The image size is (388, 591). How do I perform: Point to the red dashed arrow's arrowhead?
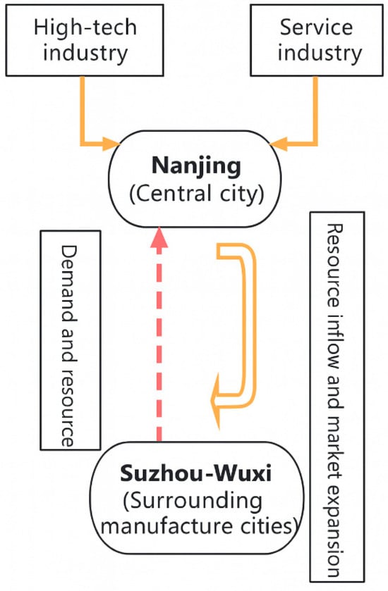click(160, 239)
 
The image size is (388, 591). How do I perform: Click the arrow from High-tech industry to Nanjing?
click(84, 120)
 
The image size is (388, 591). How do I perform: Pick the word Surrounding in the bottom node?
click(192, 502)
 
